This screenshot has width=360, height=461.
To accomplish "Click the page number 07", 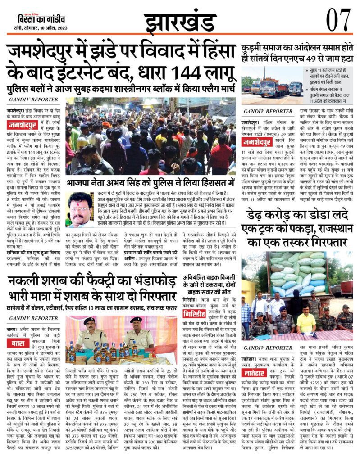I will click(x=337, y=19).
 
